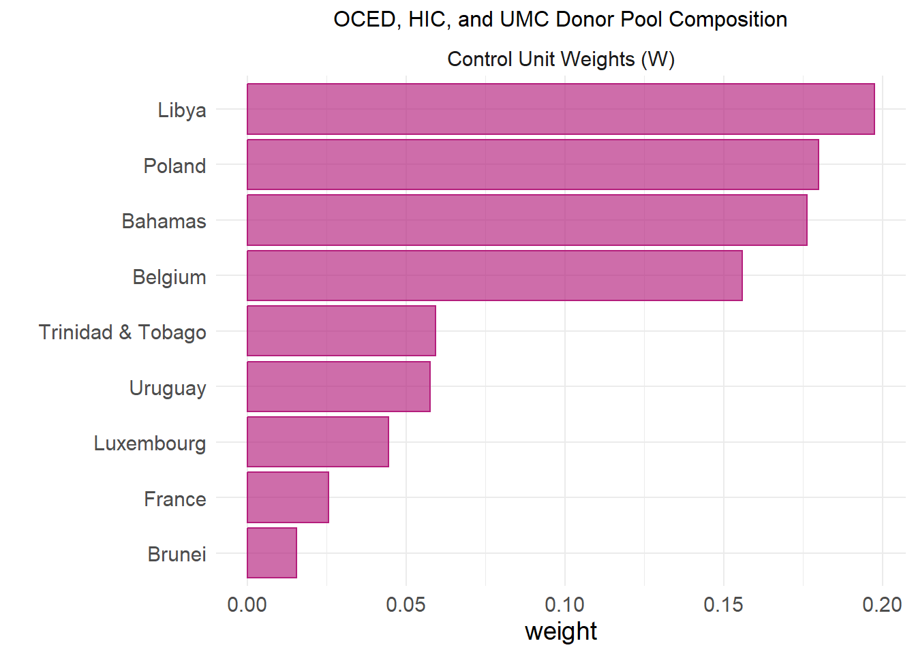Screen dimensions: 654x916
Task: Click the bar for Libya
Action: point(560,109)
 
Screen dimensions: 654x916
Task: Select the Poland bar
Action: point(532,165)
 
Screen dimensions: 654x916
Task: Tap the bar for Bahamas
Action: point(527,220)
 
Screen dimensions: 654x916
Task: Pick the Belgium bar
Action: point(494,276)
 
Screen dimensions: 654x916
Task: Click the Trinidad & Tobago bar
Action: point(341,331)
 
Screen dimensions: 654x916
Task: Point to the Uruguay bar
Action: point(338,387)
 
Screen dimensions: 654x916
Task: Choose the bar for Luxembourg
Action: point(318,442)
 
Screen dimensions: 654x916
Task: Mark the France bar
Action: point(288,498)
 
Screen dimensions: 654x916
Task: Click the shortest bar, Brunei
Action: point(272,553)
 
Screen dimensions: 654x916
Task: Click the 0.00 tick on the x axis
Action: point(247,605)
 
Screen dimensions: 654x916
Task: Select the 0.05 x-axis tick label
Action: point(406,605)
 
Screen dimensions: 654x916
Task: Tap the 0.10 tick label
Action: point(564,605)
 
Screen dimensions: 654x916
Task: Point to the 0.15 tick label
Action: point(723,605)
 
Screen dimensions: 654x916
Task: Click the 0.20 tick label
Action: point(882,605)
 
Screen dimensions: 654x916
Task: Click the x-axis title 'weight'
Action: point(561,632)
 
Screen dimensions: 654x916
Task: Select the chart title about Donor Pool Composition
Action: point(560,20)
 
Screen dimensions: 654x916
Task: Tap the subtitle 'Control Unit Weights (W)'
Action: point(561,59)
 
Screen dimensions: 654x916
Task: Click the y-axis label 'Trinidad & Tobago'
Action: point(123,332)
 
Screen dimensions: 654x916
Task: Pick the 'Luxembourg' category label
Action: point(150,443)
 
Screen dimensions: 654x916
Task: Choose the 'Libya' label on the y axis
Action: point(182,110)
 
